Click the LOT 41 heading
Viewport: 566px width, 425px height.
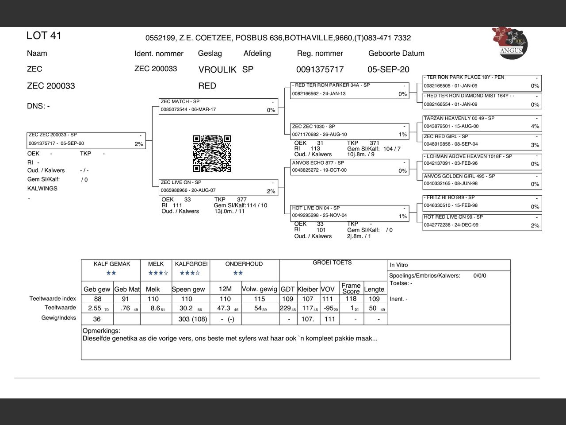(x=44, y=36)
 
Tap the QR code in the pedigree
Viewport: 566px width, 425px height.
(x=212, y=154)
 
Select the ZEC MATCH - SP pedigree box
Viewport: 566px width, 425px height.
(x=218, y=106)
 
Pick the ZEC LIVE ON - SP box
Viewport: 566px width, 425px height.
(x=218, y=187)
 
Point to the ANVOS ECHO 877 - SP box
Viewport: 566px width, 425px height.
(x=349, y=167)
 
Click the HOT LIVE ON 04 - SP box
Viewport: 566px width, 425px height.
(x=349, y=212)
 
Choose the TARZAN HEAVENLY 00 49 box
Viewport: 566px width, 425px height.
(x=482, y=123)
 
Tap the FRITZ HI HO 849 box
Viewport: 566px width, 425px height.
(x=482, y=202)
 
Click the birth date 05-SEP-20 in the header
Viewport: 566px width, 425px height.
(x=388, y=70)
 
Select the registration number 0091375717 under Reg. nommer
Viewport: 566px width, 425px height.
(x=320, y=70)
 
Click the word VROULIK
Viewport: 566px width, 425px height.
(x=218, y=70)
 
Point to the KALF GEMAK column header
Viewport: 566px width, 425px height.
(x=112, y=264)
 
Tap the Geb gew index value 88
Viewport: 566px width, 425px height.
(x=97, y=299)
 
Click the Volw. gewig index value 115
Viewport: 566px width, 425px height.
(x=260, y=299)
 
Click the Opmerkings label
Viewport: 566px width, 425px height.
(x=101, y=331)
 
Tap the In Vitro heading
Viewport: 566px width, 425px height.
(x=399, y=265)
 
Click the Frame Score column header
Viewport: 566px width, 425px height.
(x=351, y=288)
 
